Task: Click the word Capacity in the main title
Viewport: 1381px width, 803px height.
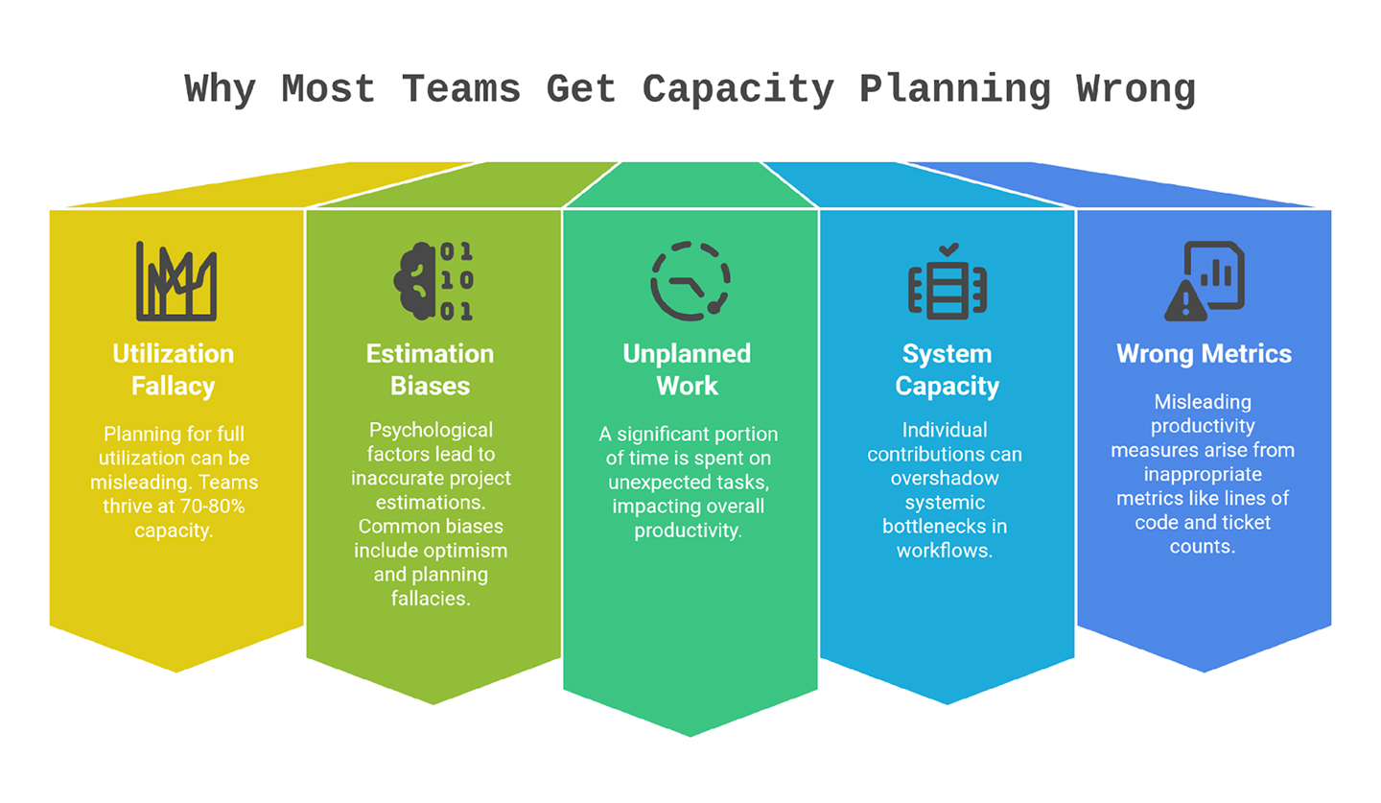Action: click(738, 90)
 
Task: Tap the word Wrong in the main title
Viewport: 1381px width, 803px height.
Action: click(1135, 90)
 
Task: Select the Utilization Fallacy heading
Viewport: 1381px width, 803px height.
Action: click(173, 369)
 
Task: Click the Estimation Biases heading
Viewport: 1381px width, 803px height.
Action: click(430, 369)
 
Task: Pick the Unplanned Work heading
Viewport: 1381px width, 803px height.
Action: click(687, 369)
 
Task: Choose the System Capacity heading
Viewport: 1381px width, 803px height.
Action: click(947, 369)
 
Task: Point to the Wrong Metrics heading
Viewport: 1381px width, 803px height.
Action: click(1204, 354)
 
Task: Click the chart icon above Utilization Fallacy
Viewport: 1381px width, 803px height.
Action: click(176, 280)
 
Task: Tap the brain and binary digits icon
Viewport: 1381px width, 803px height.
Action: click(433, 280)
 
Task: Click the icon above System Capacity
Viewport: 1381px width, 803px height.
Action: click(948, 280)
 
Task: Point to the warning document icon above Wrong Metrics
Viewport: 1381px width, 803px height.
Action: click(1205, 280)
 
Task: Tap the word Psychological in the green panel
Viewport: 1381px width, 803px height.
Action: click(431, 429)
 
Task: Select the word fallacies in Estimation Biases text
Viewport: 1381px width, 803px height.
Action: click(430, 598)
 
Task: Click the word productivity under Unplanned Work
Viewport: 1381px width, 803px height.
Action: click(688, 531)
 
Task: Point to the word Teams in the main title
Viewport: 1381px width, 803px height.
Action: click(460, 90)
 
